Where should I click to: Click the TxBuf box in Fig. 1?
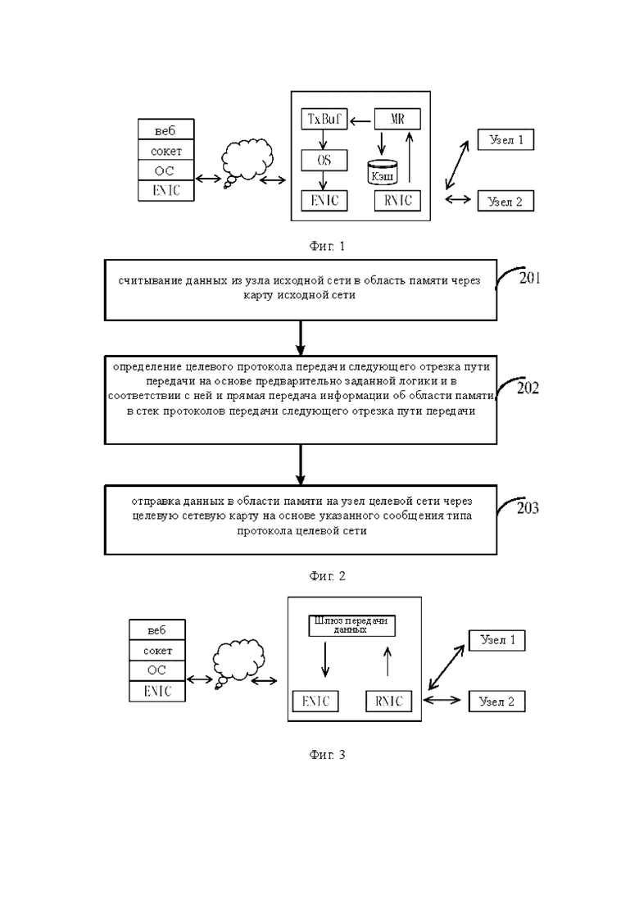(x=324, y=120)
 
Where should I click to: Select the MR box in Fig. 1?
(x=397, y=120)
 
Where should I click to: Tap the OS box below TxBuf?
(x=324, y=160)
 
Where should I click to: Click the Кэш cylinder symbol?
(x=383, y=172)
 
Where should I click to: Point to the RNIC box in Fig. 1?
(x=397, y=200)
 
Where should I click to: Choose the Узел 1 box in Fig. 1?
(x=505, y=139)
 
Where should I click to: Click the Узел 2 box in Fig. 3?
(x=496, y=702)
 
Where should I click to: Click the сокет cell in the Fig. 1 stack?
(x=166, y=151)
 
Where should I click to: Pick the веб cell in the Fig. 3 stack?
(x=157, y=630)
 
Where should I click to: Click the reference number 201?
(x=529, y=279)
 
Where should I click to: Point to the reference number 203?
(x=528, y=508)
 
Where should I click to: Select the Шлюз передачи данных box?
(x=352, y=625)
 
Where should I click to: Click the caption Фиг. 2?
(x=327, y=575)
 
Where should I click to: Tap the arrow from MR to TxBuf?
(x=361, y=120)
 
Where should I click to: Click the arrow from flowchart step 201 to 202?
(x=300, y=338)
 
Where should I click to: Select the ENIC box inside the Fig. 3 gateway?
(x=315, y=701)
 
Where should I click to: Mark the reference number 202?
(x=528, y=388)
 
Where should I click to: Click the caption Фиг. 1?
(x=327, y=246)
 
